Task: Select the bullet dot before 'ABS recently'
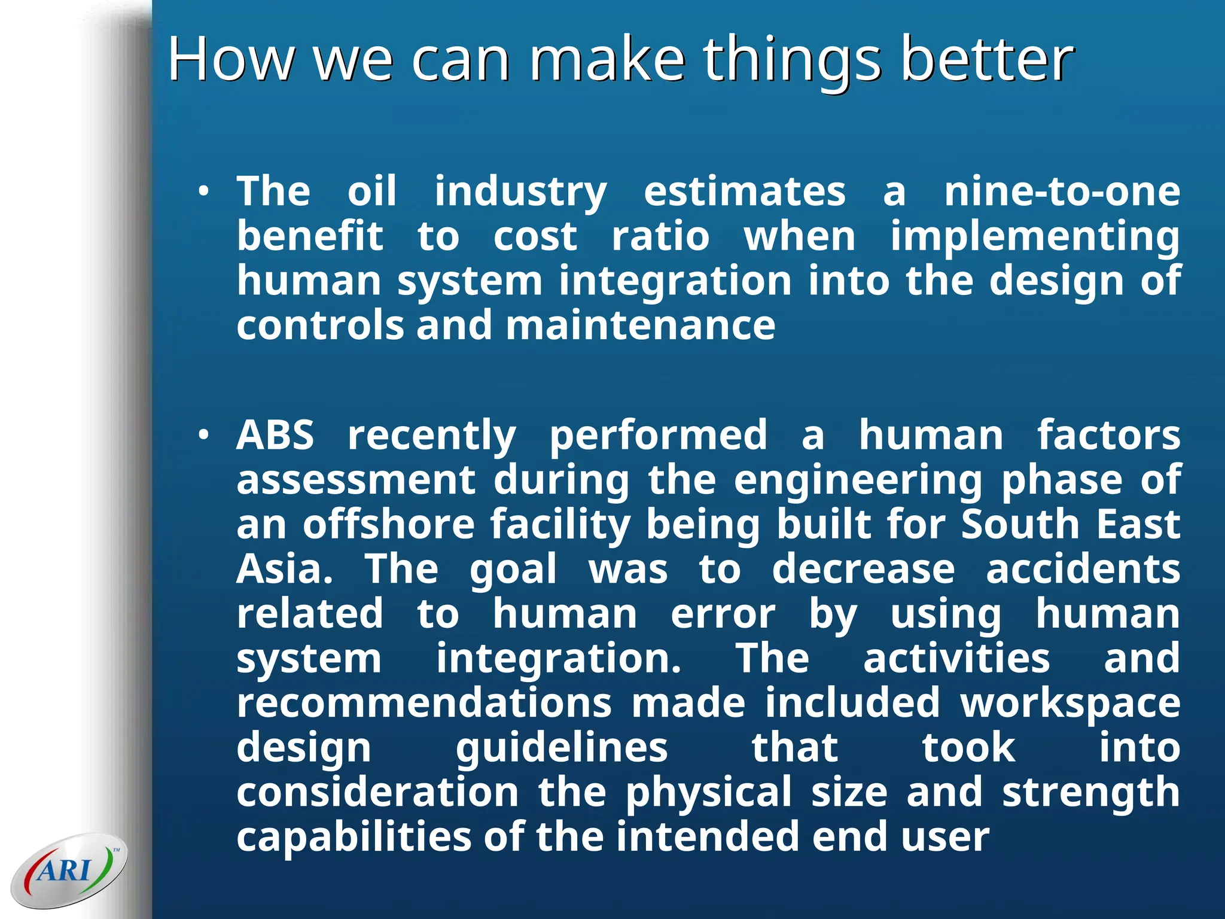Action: (204, 436)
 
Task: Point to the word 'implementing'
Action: (1035, 237)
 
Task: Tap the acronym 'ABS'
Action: (275, 436)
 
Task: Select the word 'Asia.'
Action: (284, 570)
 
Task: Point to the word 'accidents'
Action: (1083, 570)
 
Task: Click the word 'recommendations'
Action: (423, 703)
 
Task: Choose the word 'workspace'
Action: (1071, 703)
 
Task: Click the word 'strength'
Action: (1090, 793)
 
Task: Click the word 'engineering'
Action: (858, 480)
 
